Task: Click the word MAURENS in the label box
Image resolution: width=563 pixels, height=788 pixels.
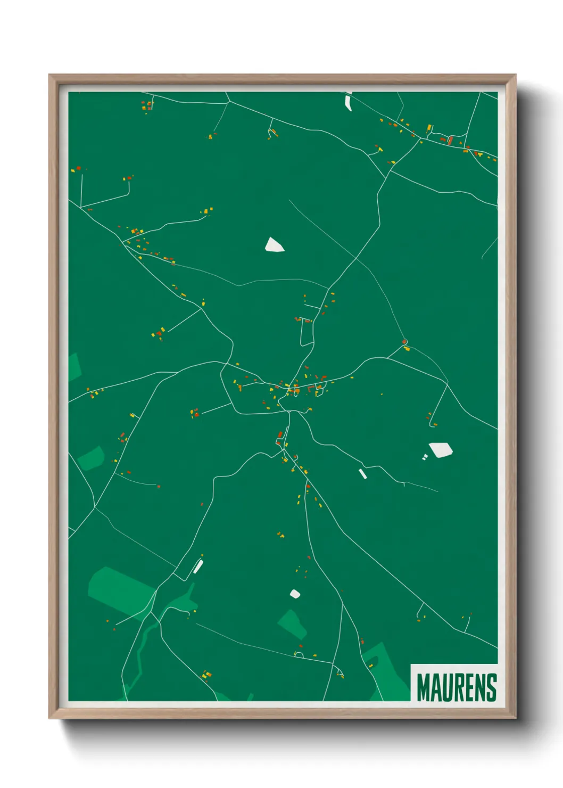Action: click(x=456, y=687)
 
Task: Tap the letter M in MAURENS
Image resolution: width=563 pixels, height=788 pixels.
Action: click(x=424, y=687)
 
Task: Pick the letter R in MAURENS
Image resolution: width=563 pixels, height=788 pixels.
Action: click(x=459, y=687)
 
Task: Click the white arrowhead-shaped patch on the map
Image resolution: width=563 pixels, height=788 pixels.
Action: click(x=274, y=245)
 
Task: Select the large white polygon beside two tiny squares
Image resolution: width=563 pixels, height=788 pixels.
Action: click(x=441, y=449)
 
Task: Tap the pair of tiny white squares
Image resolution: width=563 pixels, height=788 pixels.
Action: click(x=425, y=457)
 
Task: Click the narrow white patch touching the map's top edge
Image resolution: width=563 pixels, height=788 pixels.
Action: click(x=349, y=101)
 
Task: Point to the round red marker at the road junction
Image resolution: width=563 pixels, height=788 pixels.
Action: click(x=404, y=342)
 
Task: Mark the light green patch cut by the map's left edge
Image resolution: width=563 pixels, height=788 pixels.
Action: click(x=74, y=367)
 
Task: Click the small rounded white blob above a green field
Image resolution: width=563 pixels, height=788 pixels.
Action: click(x=295, y=594)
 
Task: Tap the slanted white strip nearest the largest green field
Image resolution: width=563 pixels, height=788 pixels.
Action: click(x=198, y=567)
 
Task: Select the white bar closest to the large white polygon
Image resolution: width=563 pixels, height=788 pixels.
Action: click(x=363, y=474)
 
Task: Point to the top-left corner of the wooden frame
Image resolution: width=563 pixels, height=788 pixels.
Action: click(x=50, y=76)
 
